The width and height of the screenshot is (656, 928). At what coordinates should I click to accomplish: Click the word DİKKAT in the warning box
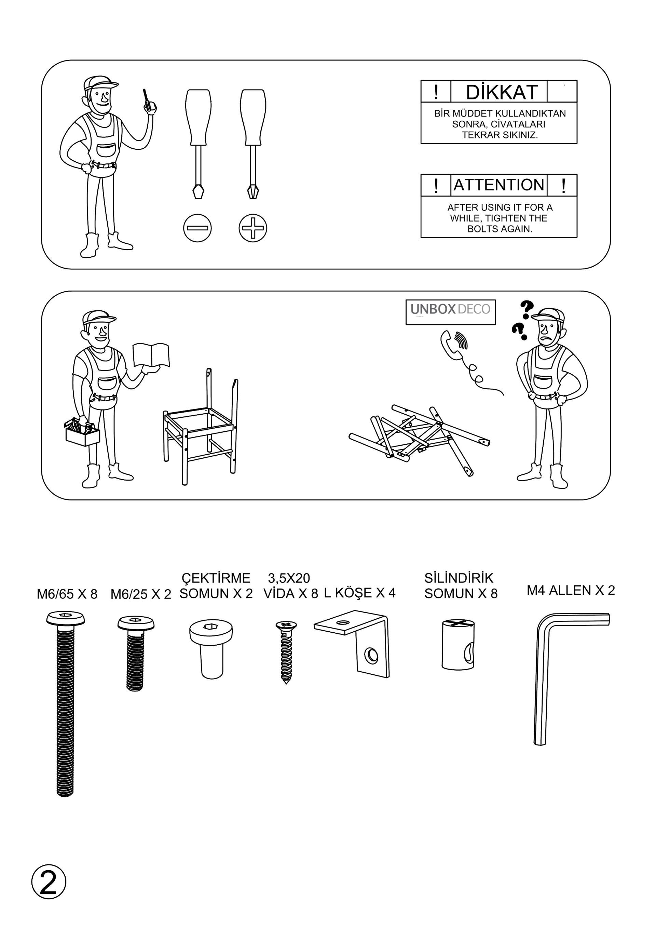[501, 92]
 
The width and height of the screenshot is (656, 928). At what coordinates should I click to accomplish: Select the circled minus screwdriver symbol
[197, 228]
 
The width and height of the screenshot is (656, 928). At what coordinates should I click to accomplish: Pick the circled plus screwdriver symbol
[253, 228]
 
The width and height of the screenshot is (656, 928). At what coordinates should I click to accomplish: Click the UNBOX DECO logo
[450, 312]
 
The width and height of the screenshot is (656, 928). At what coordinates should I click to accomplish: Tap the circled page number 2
[49, 882]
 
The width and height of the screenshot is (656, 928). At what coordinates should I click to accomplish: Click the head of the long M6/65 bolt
[66, 618]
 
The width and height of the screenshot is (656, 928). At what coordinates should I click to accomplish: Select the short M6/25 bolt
[136, 653]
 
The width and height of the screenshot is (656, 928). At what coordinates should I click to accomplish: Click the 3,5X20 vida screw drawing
[286, 652]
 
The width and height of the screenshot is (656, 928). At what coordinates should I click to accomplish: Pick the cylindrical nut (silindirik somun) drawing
[458, 644]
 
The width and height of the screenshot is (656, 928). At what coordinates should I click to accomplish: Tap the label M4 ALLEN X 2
[570, 591]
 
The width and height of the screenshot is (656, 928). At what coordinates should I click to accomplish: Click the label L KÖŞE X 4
[359, 593]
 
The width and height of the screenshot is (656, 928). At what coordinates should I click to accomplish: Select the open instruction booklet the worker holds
[151, 355]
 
